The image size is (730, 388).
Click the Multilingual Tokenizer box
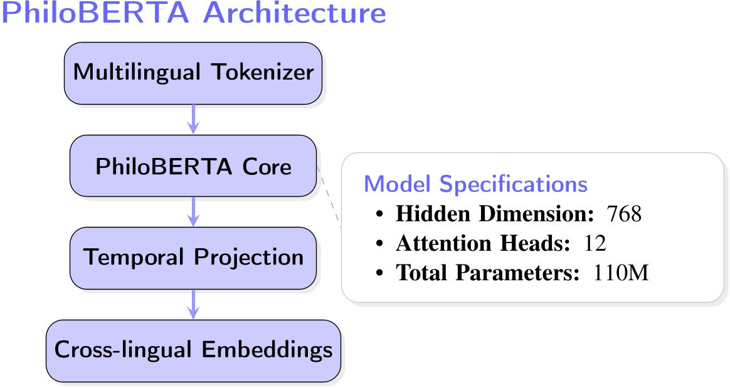click(x=193, y=73)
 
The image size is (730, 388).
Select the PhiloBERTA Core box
click(x=193, y=166)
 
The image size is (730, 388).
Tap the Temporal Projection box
click(x=193, y=258)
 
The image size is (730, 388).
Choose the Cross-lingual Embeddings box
click(x=193, y=350)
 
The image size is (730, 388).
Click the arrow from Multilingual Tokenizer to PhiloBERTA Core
click(x=194, y=119)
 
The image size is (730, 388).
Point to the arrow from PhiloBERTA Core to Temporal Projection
click(x=194, y=211)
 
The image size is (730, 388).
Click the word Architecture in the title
click(x=294, y=14)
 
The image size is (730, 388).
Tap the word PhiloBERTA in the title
click(x=97, y=14)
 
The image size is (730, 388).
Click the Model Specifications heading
click(x=476, y=184)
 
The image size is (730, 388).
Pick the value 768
click(x=624, y=215)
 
